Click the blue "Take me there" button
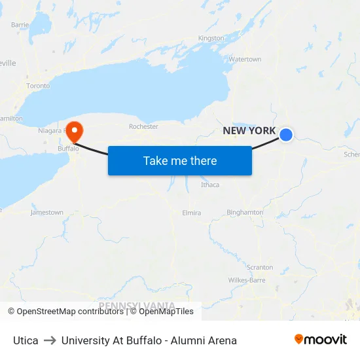pyautogui.click(x=180, y=160)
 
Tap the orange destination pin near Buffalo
pyautogui.click(x=75, y=130)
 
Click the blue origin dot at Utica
pyautogui.click(x=286, y=135)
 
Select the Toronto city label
pyautogui.click(x=38, y=86)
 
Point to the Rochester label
pyautogui.click(x=143, y=126)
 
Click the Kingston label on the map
pyautogui.click(x=211, y=38)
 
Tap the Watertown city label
pyautogui.click(x=245, y=60)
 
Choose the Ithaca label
pyautogui.click(x=210, y=185)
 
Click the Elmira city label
pyautogui.click(x=191, y=213)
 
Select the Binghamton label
pyautogui.click(x=245, y=212)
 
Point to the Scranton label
pyautogui.click(x=260, y=267)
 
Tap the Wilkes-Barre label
pyautogui.click(x=247, y=280)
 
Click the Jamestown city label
pyautogui.click(x=47, y=213)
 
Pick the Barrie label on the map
pyautogui.click(x=20, y=24)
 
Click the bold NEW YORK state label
pyautogui.click(x=249, y=131)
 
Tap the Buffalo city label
pyautogui.click(x=68, y=149)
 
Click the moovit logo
pyautogui.click(x=321, y=340)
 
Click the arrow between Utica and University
pyautogui.click(x=50, y=340)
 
